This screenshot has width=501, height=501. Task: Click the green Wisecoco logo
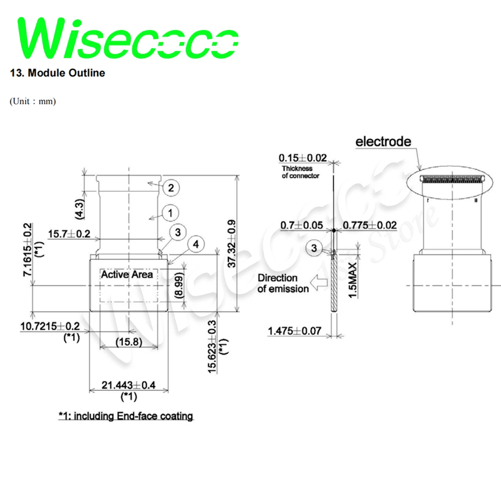pyautogui.click(x=128, y=39)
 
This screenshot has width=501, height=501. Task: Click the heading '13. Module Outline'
pyautogui.click(x=58, y=73)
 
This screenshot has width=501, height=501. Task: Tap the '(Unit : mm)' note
pyautogui.click(x=33, y=102)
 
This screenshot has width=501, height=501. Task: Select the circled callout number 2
pyautogui.click(x=171, y=188)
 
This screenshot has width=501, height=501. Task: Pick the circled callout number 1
pyautogui.click(x=170, y=213)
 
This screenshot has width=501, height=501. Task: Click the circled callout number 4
pyautogui.click(x=196, y=244)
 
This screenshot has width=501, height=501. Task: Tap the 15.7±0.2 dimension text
pyautogui.click(x=70, y=233)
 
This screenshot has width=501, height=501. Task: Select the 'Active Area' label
pyautogui.click(x=127, y=275)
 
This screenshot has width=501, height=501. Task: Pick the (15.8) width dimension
pyautogui.click(x=129, y=343)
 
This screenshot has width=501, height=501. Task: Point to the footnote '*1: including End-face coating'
pyautogui.click(x=125, y=416)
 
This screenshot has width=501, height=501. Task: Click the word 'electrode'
pyautogui.click(x=383, y=142)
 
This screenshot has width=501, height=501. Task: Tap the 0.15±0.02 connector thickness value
pyautogui.click(x=303, y=158)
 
